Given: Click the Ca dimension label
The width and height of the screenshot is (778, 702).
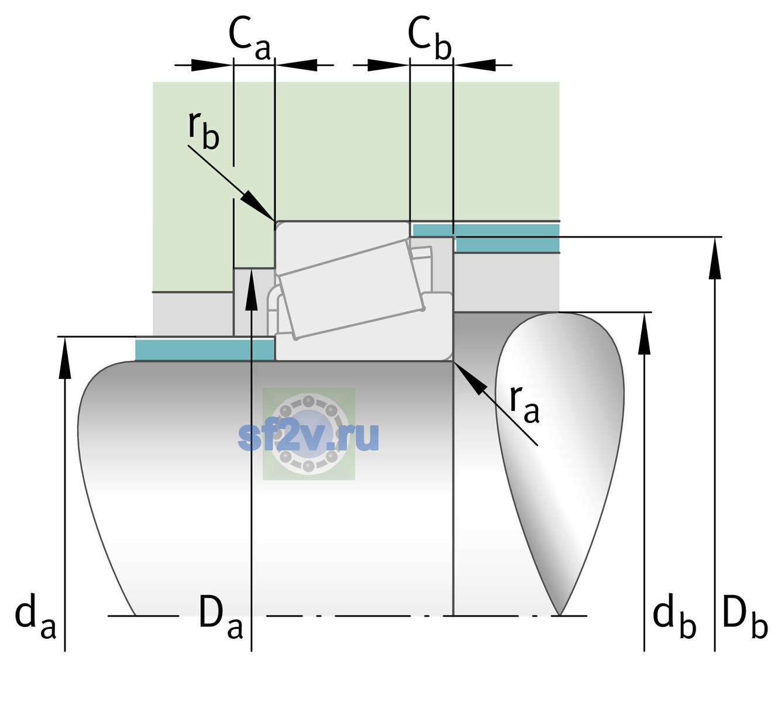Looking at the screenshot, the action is click(249, 39).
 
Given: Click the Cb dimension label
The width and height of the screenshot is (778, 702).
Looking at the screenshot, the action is click(430, 39).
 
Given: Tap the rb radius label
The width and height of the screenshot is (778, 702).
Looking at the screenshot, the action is click(204, 130).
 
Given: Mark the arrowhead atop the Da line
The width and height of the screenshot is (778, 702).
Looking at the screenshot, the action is click(252, 289).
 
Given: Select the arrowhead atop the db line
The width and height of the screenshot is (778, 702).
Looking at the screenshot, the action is click(644, 333).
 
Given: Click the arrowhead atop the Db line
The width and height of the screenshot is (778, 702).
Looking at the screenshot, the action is click(715, 258).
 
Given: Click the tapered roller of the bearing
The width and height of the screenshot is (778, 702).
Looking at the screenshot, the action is click(352, 289).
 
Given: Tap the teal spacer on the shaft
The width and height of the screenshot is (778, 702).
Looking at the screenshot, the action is click(204, 349).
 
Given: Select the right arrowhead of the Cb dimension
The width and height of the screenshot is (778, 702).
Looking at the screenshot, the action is click(474, 65).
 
